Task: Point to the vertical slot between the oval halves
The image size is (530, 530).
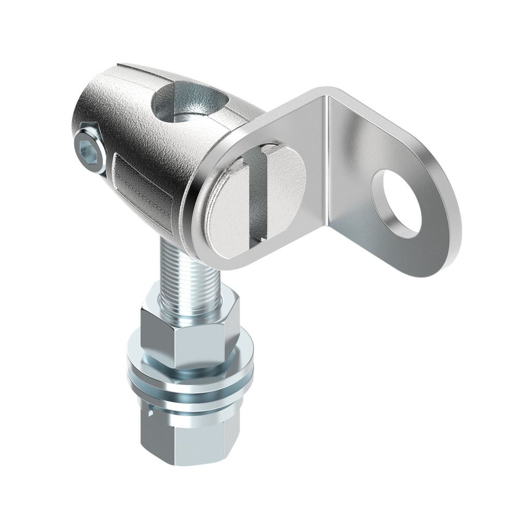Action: tap(258, 197)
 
